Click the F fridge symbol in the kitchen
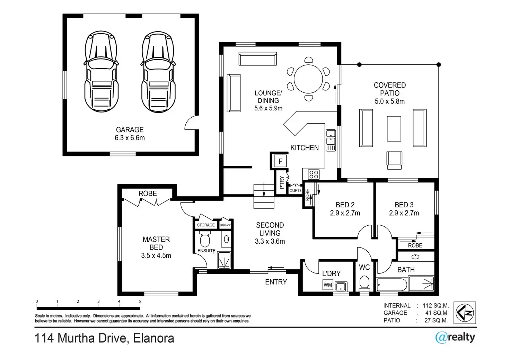(x=280, y=161)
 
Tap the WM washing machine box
(x=328, y=285)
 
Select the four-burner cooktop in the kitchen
(x=314, y=174)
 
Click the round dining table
(x=308, y=79)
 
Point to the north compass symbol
(x=465, y=313)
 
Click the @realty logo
(x=455, y=337)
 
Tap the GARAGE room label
(x=130, y=129)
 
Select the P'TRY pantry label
(x=282, y=182)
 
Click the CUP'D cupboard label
(x=295, y=191)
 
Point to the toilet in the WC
(x=364, y=283)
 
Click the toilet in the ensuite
(x=205, y=239)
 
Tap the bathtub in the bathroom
(x=392, y=284)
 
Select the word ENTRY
(x=276, y=282)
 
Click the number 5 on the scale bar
(x=140, y=301)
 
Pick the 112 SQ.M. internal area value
(x=436, y=305)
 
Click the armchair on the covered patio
(x=394, y=160)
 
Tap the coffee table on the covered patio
(x=394, y=129)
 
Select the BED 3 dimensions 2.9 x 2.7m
(x=404, y=213)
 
